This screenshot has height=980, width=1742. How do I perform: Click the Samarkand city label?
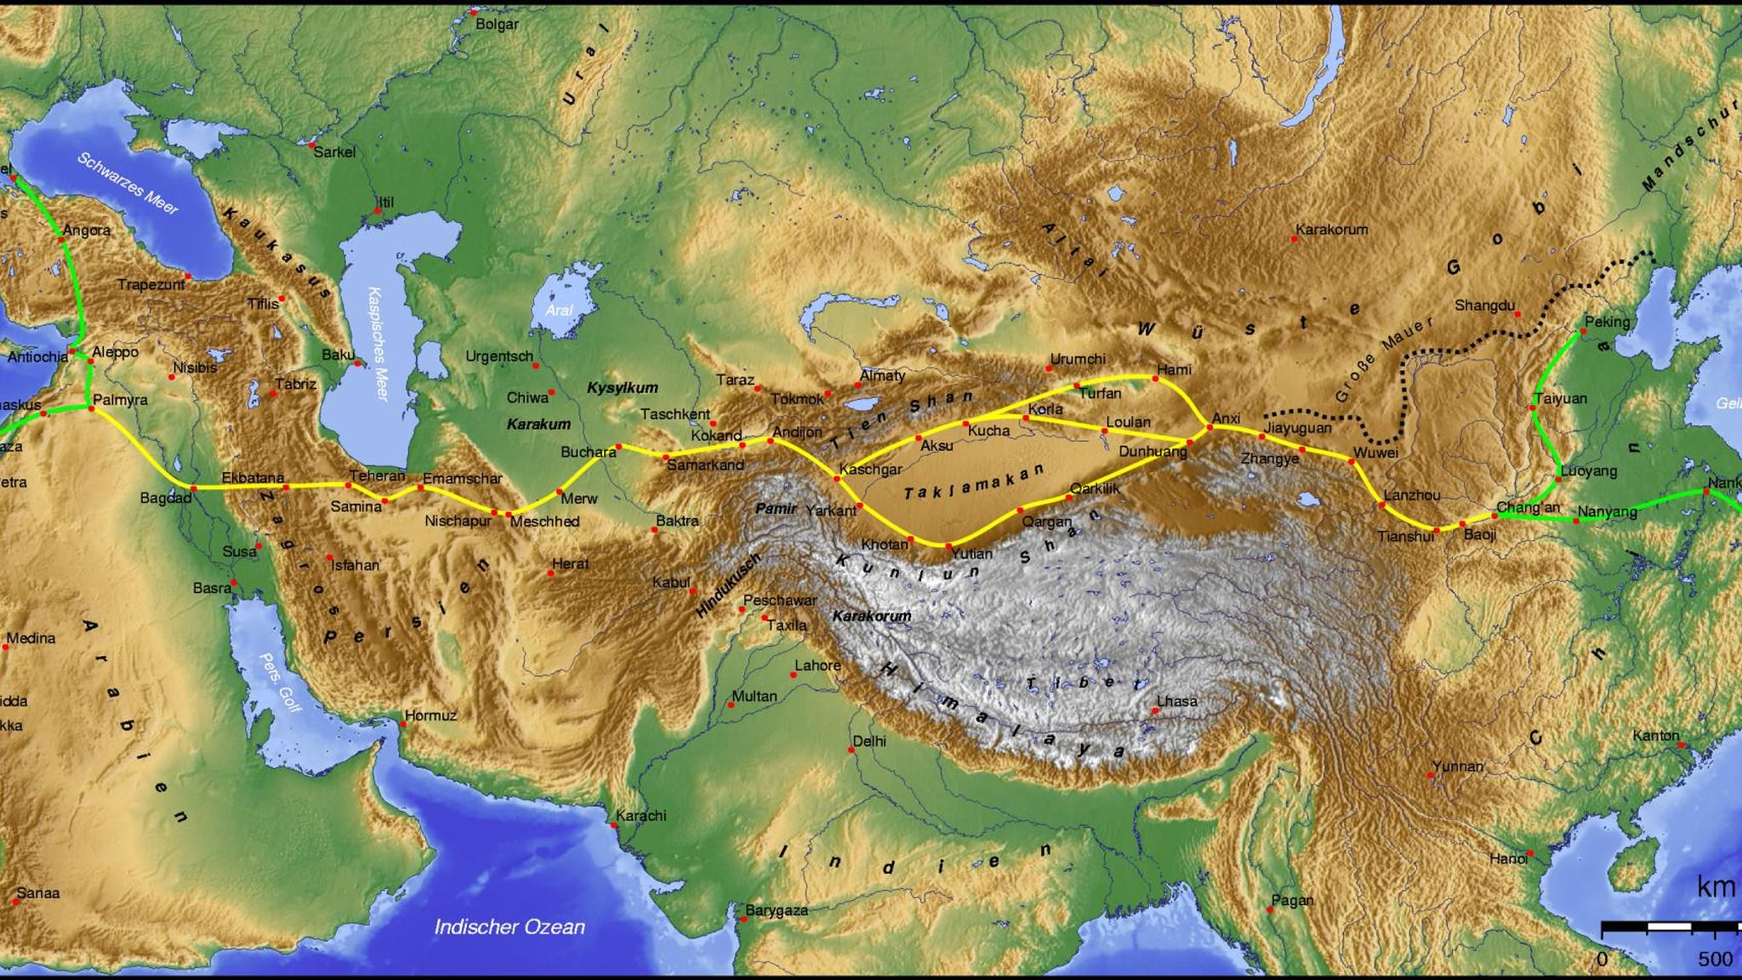click(705, 465)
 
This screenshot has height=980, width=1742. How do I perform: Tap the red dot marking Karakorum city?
click(1295, 239)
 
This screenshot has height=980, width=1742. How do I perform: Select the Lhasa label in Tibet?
click(1177, 702)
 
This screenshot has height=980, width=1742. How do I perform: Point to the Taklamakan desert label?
click(973, 483)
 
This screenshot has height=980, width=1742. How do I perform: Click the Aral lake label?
click(559, 311)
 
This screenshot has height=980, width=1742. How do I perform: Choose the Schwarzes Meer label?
click(128, 183)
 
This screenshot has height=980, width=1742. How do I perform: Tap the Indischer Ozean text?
click(510, 927)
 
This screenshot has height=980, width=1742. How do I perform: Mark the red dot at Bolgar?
click(473, 13)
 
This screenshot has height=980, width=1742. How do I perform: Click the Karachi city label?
click(641, 816)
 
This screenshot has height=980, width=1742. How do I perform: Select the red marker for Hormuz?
click(402, 724)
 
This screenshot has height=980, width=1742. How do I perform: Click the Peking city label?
click(1607, 322)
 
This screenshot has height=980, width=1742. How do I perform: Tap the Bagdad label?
click(166, 498)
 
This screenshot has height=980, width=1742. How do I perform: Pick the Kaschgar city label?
click(871, 470)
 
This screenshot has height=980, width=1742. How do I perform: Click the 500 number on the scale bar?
click(1715, 960)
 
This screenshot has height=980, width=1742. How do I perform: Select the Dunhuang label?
click(1153, 452)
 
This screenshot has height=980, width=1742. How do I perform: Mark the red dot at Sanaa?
click(16, 901)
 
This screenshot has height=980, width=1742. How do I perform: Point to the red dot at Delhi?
click(851, 750)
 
